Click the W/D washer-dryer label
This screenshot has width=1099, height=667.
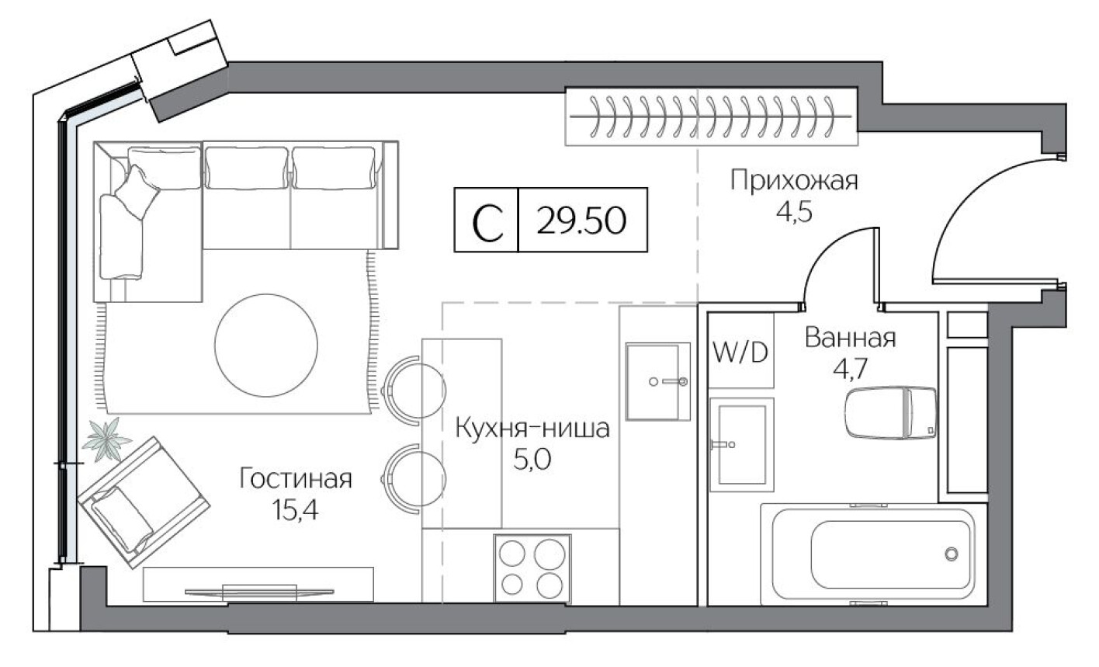[740, 353]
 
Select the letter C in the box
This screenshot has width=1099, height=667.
[487, 221]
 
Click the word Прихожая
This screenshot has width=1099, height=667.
[794, 182]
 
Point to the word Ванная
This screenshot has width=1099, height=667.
[850, 339]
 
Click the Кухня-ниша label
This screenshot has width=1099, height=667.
[532, 429]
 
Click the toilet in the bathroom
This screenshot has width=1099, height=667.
[889, 413]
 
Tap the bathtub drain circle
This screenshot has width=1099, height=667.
[952, 554]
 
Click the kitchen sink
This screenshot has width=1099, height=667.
[658, 381]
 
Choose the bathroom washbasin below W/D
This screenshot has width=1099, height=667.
[741, 443]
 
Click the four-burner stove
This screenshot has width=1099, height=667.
[532, 568]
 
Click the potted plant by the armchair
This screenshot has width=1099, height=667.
[106, 440]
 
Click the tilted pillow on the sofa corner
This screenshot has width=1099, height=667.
[136, 191]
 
